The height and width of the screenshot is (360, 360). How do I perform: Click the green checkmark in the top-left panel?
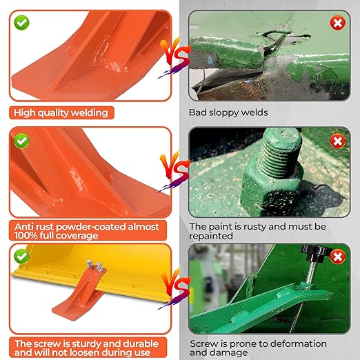23,23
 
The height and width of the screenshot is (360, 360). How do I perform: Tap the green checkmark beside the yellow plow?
23,257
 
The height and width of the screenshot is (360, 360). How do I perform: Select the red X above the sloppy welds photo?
337,23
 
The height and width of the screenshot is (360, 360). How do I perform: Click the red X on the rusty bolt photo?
337,141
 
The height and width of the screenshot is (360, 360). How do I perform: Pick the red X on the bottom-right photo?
337,257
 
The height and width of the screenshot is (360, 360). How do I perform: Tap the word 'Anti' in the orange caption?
26,226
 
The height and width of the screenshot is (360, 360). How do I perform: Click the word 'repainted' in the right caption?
212,236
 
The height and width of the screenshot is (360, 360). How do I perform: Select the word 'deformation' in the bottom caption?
289,343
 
